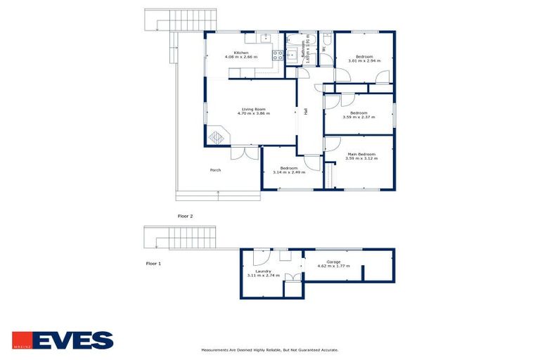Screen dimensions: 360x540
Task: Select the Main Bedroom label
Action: coord(361,154)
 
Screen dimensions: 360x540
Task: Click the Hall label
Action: coord(306,111)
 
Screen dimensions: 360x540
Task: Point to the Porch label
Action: coord(216,171)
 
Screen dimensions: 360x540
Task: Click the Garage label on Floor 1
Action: coord(333,262)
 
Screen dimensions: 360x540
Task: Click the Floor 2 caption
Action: coord(185,216)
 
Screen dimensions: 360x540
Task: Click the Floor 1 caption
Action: coord(153,263)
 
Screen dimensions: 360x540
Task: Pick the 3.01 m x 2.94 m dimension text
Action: coord(364,60)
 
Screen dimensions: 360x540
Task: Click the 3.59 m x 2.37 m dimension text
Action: coord(359,117)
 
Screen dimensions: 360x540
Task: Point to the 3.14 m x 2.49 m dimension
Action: coord(288,172)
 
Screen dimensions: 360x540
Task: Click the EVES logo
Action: coord(63,340)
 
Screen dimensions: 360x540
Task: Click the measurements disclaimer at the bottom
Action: coord(270,349)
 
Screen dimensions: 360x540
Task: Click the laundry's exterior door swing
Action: coord(259,255)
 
